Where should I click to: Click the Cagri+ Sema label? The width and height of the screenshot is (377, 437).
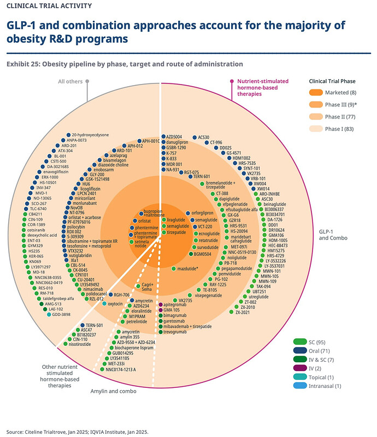pyautogui.click(x=148, y=288)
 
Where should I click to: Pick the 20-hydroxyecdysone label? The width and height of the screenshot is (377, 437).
pyautogui.click(x=90, y=135)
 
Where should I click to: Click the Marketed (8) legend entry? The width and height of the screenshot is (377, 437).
pyautogui.click(x=341, y=92)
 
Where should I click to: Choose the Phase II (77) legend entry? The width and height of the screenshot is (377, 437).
pyautogui.click(x=342, y=117)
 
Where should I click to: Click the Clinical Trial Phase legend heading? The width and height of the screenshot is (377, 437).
pyautogui.click(x=332, y=81)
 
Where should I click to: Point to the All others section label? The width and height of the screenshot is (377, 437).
pyautogui.click(x=72, y=82)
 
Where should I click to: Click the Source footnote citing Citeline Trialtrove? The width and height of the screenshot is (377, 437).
pyautogui.click(x=76, y=431)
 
